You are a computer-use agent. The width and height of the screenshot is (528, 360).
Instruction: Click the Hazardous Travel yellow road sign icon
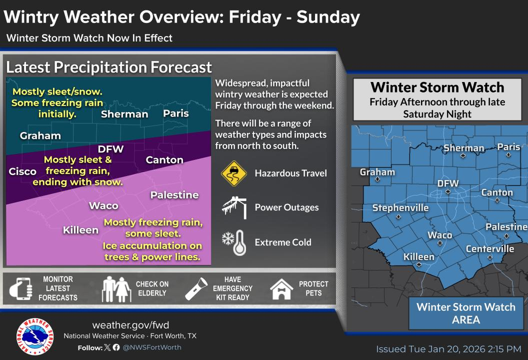click(234, 173)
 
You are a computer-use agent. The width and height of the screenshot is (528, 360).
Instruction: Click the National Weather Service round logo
click(35, 336)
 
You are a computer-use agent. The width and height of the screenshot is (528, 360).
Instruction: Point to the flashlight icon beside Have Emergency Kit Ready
click(196, 289)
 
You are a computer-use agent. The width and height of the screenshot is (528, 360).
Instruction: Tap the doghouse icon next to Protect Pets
click(282, 289)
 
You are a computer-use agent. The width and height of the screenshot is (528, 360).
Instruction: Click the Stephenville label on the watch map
click(400, 208)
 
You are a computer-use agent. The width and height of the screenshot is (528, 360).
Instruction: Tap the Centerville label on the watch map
click(490, 249)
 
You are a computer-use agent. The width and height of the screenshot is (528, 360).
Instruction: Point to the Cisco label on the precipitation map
click(23, 171)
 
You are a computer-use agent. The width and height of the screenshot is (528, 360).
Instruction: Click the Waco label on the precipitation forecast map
click(103, 206)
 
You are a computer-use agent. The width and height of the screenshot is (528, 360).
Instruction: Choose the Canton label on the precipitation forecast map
click(164, 160)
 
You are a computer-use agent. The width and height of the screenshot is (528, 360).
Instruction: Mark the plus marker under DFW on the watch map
click(448, 191)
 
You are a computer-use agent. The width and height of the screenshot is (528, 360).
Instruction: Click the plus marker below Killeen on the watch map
click(419, 265)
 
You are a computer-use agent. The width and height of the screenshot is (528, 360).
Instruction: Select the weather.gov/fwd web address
click(130, 325)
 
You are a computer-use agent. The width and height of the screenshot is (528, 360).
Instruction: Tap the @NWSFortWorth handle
click(152, 347)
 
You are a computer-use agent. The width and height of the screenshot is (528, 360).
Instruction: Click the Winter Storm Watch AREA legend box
click(465, 313)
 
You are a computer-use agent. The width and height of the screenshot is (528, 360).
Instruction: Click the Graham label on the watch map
click(377, 172)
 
